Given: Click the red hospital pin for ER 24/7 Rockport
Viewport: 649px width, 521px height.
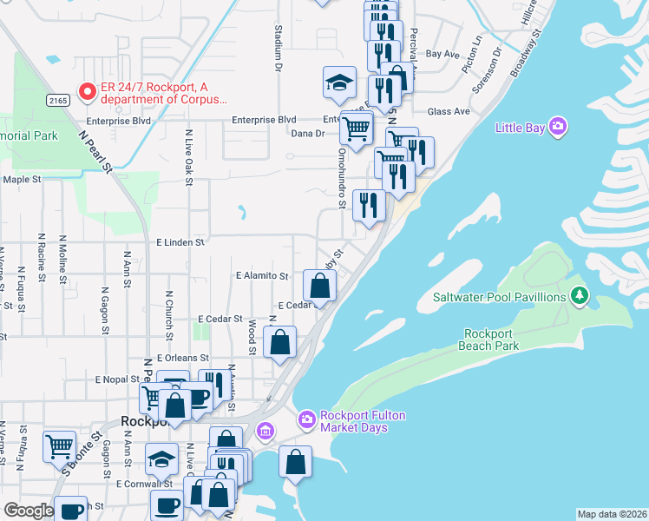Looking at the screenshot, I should click(87, 90).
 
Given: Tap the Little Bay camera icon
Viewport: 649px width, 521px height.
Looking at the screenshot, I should click(558, 128).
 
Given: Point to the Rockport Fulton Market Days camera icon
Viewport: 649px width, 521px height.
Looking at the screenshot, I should click(307, 420).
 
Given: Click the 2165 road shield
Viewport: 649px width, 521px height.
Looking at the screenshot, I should click(58, 101).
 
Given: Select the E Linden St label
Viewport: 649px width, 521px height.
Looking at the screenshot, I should click(180, 243).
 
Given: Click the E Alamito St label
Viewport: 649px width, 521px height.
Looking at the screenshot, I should click(262, 275).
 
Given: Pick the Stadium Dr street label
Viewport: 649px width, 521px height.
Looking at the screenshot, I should click(279, 48).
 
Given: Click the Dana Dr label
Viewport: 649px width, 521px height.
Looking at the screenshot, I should click(307, 133).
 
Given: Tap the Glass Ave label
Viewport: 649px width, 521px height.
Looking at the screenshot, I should click(449, 111).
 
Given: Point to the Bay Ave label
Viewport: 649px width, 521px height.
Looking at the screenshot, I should click(442, 54).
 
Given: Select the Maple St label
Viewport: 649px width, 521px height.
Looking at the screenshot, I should click(23, 180).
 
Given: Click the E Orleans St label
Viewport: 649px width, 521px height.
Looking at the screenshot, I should click(183, 357).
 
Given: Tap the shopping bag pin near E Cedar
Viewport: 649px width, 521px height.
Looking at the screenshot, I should click(319, 286).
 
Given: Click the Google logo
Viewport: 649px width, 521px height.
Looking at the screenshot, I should click(28, 511).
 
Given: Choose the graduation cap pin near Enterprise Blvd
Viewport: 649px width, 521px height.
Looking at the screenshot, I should click(339, 83).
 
